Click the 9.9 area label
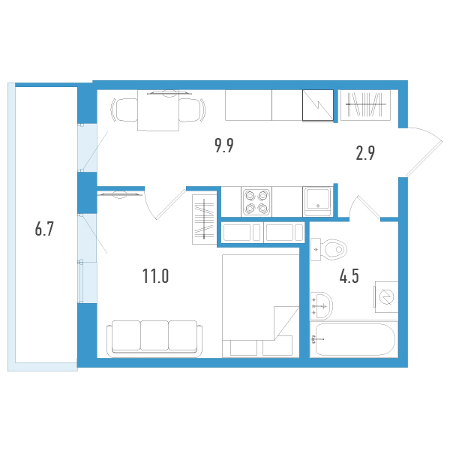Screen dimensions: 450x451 pos(224,146)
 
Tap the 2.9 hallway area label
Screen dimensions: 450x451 pos(365,153)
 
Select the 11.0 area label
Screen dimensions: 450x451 pos(155,276)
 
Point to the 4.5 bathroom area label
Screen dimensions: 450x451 pos(349,276)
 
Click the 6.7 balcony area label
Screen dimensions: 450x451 pos(44,229)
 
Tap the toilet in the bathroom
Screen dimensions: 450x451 pos(328,249)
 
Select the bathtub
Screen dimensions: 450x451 pos(354,340)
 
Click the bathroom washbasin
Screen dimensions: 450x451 pos(322,305)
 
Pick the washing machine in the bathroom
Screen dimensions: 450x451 pos(386,297)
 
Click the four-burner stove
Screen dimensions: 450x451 pos(256,202)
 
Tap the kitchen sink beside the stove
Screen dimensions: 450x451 pos(318,201)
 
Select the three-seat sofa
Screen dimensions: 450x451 pos(154,339)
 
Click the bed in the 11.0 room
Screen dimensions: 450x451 pos(260,306)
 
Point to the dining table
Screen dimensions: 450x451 pos(158,110)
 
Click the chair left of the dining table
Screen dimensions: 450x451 pos(124,110)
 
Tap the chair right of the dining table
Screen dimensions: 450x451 pos(192,110)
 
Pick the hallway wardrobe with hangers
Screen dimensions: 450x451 pos(365,105)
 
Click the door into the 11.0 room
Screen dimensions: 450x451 pos(165,203)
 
